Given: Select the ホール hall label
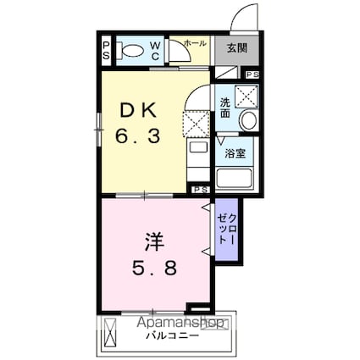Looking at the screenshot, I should click(194, 42).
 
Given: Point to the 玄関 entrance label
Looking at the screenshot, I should click(236, 48).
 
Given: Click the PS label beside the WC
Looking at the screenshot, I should click(106, 49).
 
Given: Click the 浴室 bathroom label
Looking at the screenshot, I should click(234, 153).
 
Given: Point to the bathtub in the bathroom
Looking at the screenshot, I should click(235, 177).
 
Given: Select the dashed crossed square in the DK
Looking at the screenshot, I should click(197, 123).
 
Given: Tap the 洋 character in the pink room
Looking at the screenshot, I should click(153, 241).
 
